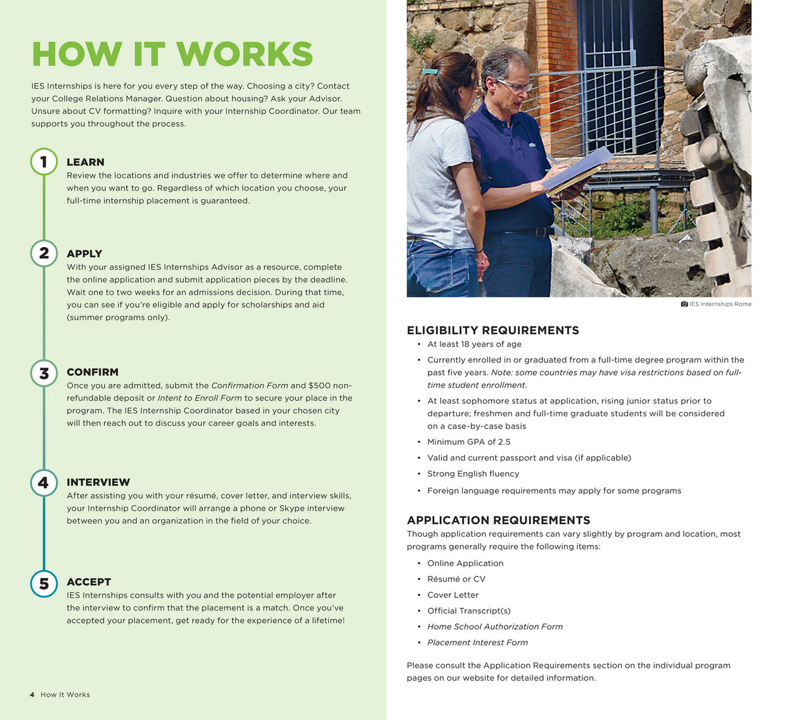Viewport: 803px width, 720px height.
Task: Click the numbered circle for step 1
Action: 44,162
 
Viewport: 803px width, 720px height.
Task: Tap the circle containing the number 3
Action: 44,373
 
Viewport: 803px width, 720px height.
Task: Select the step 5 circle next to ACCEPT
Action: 44,583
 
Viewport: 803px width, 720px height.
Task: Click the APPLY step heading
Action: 84,254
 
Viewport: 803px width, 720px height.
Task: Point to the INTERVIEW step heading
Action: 98,482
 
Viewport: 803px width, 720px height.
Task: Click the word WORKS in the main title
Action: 245,55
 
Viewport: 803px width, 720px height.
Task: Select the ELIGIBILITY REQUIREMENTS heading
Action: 492,330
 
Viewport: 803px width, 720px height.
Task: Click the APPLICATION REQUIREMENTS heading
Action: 498,520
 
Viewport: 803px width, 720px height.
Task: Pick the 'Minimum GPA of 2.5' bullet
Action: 468,442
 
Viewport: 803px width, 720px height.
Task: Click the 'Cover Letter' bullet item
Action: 453,595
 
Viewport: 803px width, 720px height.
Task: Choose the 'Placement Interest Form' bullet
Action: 477,642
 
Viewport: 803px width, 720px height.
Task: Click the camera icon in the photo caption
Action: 684,304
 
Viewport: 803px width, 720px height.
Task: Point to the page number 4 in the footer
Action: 32,695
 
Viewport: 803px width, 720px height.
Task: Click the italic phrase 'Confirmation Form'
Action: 249,385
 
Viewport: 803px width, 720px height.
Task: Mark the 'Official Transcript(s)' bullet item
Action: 468,610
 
